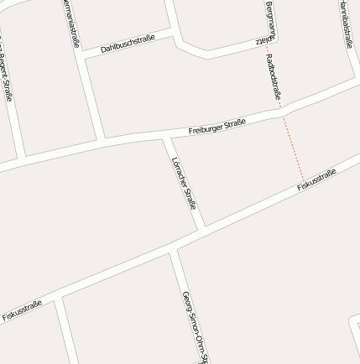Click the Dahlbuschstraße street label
pyautogui.click(x=128, y=43)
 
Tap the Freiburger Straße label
pyautogui.click(x=217, y=127)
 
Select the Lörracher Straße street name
pyautogui.click(x=183, y=182)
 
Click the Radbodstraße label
pyautogui.click(x=273, y=79)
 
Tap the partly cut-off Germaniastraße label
pyautogui.click(x=71, y=23)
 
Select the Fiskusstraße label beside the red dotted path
pyautogui.click(x=316, y=179)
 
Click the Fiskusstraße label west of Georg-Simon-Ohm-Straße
pyautogui.click(x=22, y=311)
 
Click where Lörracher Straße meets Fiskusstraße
pyautogui.click(x=202, y=228)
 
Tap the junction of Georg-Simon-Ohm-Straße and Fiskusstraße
pyautogui.click(x=172, y=248)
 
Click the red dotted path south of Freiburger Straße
pyautogui.click(x=292, y=147)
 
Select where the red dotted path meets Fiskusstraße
pyautogui.click(x=304, y=182)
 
